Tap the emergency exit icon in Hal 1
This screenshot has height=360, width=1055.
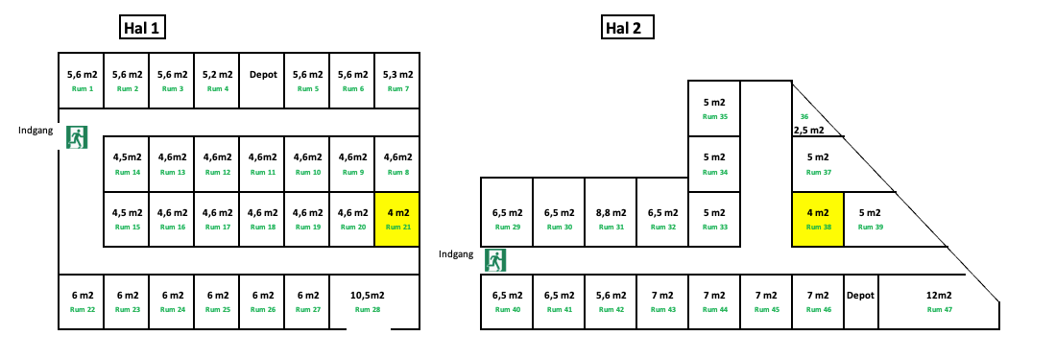(77, 137)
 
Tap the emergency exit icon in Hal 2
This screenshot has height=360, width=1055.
(495, 259)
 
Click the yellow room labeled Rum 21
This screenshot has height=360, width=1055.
(397, 219)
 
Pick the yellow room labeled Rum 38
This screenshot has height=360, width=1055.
(817, 219)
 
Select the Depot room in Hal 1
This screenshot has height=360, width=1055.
(262, 80)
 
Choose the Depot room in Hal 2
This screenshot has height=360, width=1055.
(861, 301)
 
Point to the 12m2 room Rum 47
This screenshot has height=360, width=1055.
(938, 301)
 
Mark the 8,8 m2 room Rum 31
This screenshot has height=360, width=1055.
(611, 219)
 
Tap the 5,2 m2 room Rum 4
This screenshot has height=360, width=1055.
(217, 80)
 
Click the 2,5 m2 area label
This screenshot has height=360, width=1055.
(809, 129)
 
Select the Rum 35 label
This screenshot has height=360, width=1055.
(715, 117)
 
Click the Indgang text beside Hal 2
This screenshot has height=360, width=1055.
(456, 253)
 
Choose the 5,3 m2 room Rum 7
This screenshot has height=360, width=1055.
(397, 80)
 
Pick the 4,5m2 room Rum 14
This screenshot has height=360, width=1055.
(128, 163)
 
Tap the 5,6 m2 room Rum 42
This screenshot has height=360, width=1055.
(611, 301)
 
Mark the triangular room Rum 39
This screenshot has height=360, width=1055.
(874, 219)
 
